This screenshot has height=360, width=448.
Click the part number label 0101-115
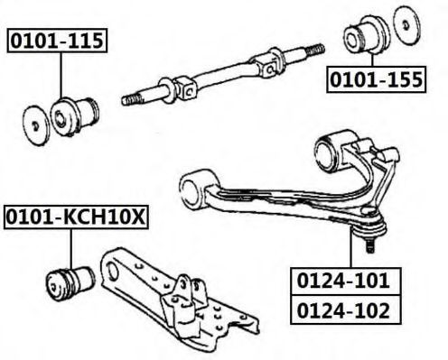pyautogui.click(x=57, y=41)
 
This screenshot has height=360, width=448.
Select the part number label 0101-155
pyautogui.click(x=376, y=79)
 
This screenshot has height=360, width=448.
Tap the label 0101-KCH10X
pyautogui.click(x=76, y=217)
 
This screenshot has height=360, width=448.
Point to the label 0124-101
pyautogui.click(x=346, y=281)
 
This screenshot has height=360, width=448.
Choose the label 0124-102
pyautogui.click(x=346, y=309)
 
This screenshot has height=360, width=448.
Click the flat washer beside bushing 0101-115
pyautogui.click(x=36, y=125)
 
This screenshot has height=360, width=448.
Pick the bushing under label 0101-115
pyautogui.click(x=74, y=116)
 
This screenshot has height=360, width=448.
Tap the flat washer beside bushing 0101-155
pyautogui.click(x=406, y=25)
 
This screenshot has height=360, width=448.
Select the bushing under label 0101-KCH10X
pyautogui.click(x=71, y=283)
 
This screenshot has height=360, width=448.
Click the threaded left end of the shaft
pyautogui.click(x=131, y=99)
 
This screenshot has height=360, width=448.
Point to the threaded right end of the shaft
pyautogui.click(x=314, y=50)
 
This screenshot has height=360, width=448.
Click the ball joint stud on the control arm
pyautogui.click(x=370, y=245)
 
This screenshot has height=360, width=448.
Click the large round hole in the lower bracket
pyautogui.click(x=113, y=270)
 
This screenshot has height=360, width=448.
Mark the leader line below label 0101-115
pyautogui.click(x=61, y=76)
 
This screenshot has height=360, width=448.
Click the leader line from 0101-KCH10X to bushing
pyautogui.click(x=71, y=249)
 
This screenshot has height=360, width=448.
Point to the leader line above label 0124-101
pyautogui.click(x=350, y=246)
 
